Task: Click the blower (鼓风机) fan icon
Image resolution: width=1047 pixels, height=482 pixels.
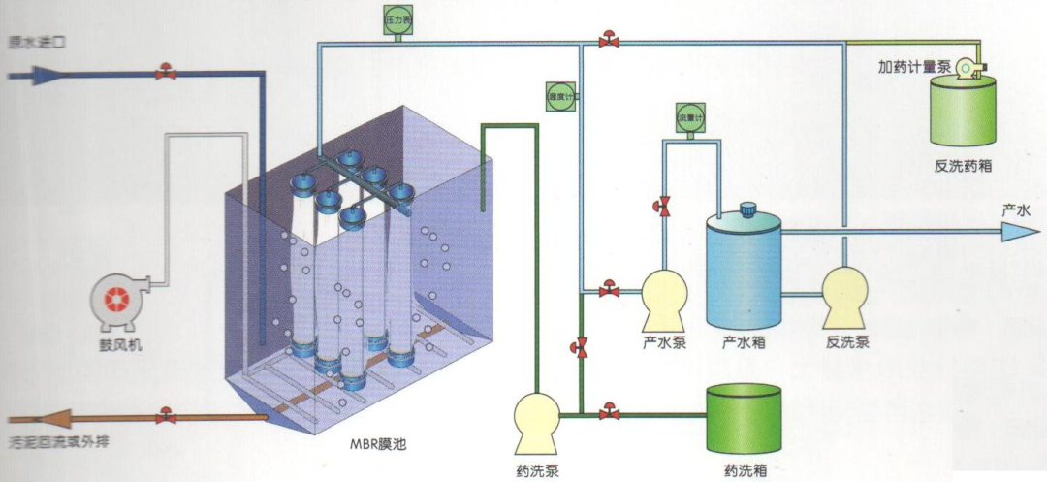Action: coord(116,297)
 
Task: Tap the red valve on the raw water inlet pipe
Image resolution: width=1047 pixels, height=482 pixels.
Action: coord(166,73)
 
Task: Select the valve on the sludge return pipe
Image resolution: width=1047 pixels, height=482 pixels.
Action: coord(166,416)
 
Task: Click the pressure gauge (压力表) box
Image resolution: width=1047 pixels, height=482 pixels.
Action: coord(397,21)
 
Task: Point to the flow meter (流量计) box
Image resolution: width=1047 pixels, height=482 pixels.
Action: coord(688,117)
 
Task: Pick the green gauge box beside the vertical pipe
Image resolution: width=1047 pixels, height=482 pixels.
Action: coord(559,95)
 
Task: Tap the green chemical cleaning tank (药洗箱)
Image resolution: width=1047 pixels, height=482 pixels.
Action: coord(744,418)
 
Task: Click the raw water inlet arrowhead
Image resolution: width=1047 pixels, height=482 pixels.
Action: coord(47,74)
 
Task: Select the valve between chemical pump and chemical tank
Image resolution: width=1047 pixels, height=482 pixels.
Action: coord(609,413)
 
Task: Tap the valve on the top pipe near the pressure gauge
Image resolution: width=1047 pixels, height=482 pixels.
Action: coord(609,41)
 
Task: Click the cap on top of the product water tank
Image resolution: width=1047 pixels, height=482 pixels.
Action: coord(746,209)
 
